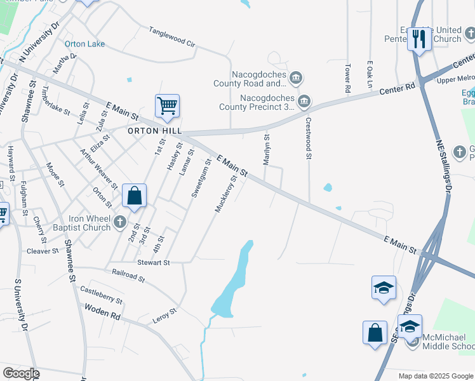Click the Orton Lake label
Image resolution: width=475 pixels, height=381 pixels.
(x=84, y=44)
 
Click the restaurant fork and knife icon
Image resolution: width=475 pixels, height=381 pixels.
(x=418, y=39)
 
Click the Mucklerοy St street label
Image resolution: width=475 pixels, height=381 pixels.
(x=226, y=194)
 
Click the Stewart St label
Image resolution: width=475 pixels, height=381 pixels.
(x=154, y=262)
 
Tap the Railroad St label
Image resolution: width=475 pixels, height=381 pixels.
(x=128, y=276)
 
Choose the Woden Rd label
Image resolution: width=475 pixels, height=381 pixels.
(x=102, y=312)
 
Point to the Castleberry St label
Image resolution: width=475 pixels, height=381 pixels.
(x=101, y=295)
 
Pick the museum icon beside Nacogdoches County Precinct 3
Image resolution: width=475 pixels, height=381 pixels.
(x=304, y=101)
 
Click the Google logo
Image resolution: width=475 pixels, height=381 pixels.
(x=21, y=373)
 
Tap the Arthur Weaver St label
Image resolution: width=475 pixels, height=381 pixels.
(x=98, y=169)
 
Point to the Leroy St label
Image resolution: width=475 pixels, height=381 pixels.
(x=164, y=316)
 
